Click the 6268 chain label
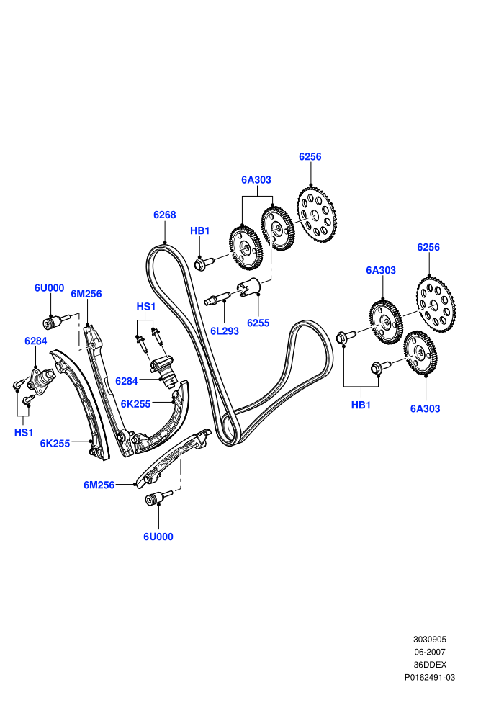(164, 215)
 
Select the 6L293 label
(225, 331)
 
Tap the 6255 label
(258, 323)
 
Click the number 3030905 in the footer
(430, 640)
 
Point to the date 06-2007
(430, 652)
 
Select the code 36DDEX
(430, 665)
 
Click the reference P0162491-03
(430, 678)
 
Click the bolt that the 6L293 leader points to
(217, 299)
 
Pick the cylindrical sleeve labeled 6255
(248, 287)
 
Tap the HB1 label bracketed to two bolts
(361, 405)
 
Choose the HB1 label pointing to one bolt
(200, 230)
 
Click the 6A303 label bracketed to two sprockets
(256, 179)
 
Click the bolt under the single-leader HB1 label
(204, 263)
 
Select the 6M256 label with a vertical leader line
(86, 294)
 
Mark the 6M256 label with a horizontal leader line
(99, 485)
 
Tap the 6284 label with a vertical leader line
(36, 341)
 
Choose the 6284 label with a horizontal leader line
(126, 381)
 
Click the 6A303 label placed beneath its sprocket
(426, 408)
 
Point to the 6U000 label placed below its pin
(158, 537)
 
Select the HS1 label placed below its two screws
(24, 432)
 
